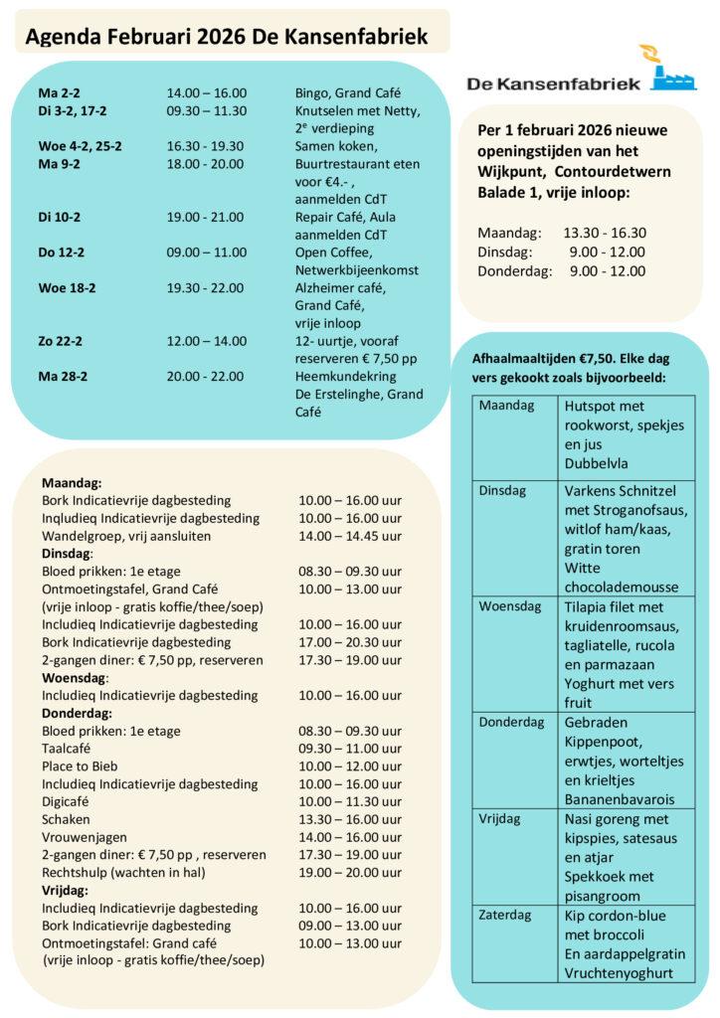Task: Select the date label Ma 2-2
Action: (x=59, y=92)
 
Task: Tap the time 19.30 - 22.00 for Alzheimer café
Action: (x=205, y=288)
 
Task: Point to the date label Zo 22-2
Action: (x=61, y=342)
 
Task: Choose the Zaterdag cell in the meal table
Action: (x=505, y=916)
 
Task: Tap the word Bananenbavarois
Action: (x=619, y=798)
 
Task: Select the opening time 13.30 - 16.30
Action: (x=605, y=234)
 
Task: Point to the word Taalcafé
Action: (x=69, y=749)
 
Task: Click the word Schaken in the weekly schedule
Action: (x=66, y=819)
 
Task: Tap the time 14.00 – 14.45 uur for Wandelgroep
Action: (x=350, y=536)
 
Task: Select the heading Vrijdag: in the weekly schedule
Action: (x=66, y=890)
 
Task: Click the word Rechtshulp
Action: (x=76, y=872)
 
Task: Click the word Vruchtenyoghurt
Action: (x=618, y=972)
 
